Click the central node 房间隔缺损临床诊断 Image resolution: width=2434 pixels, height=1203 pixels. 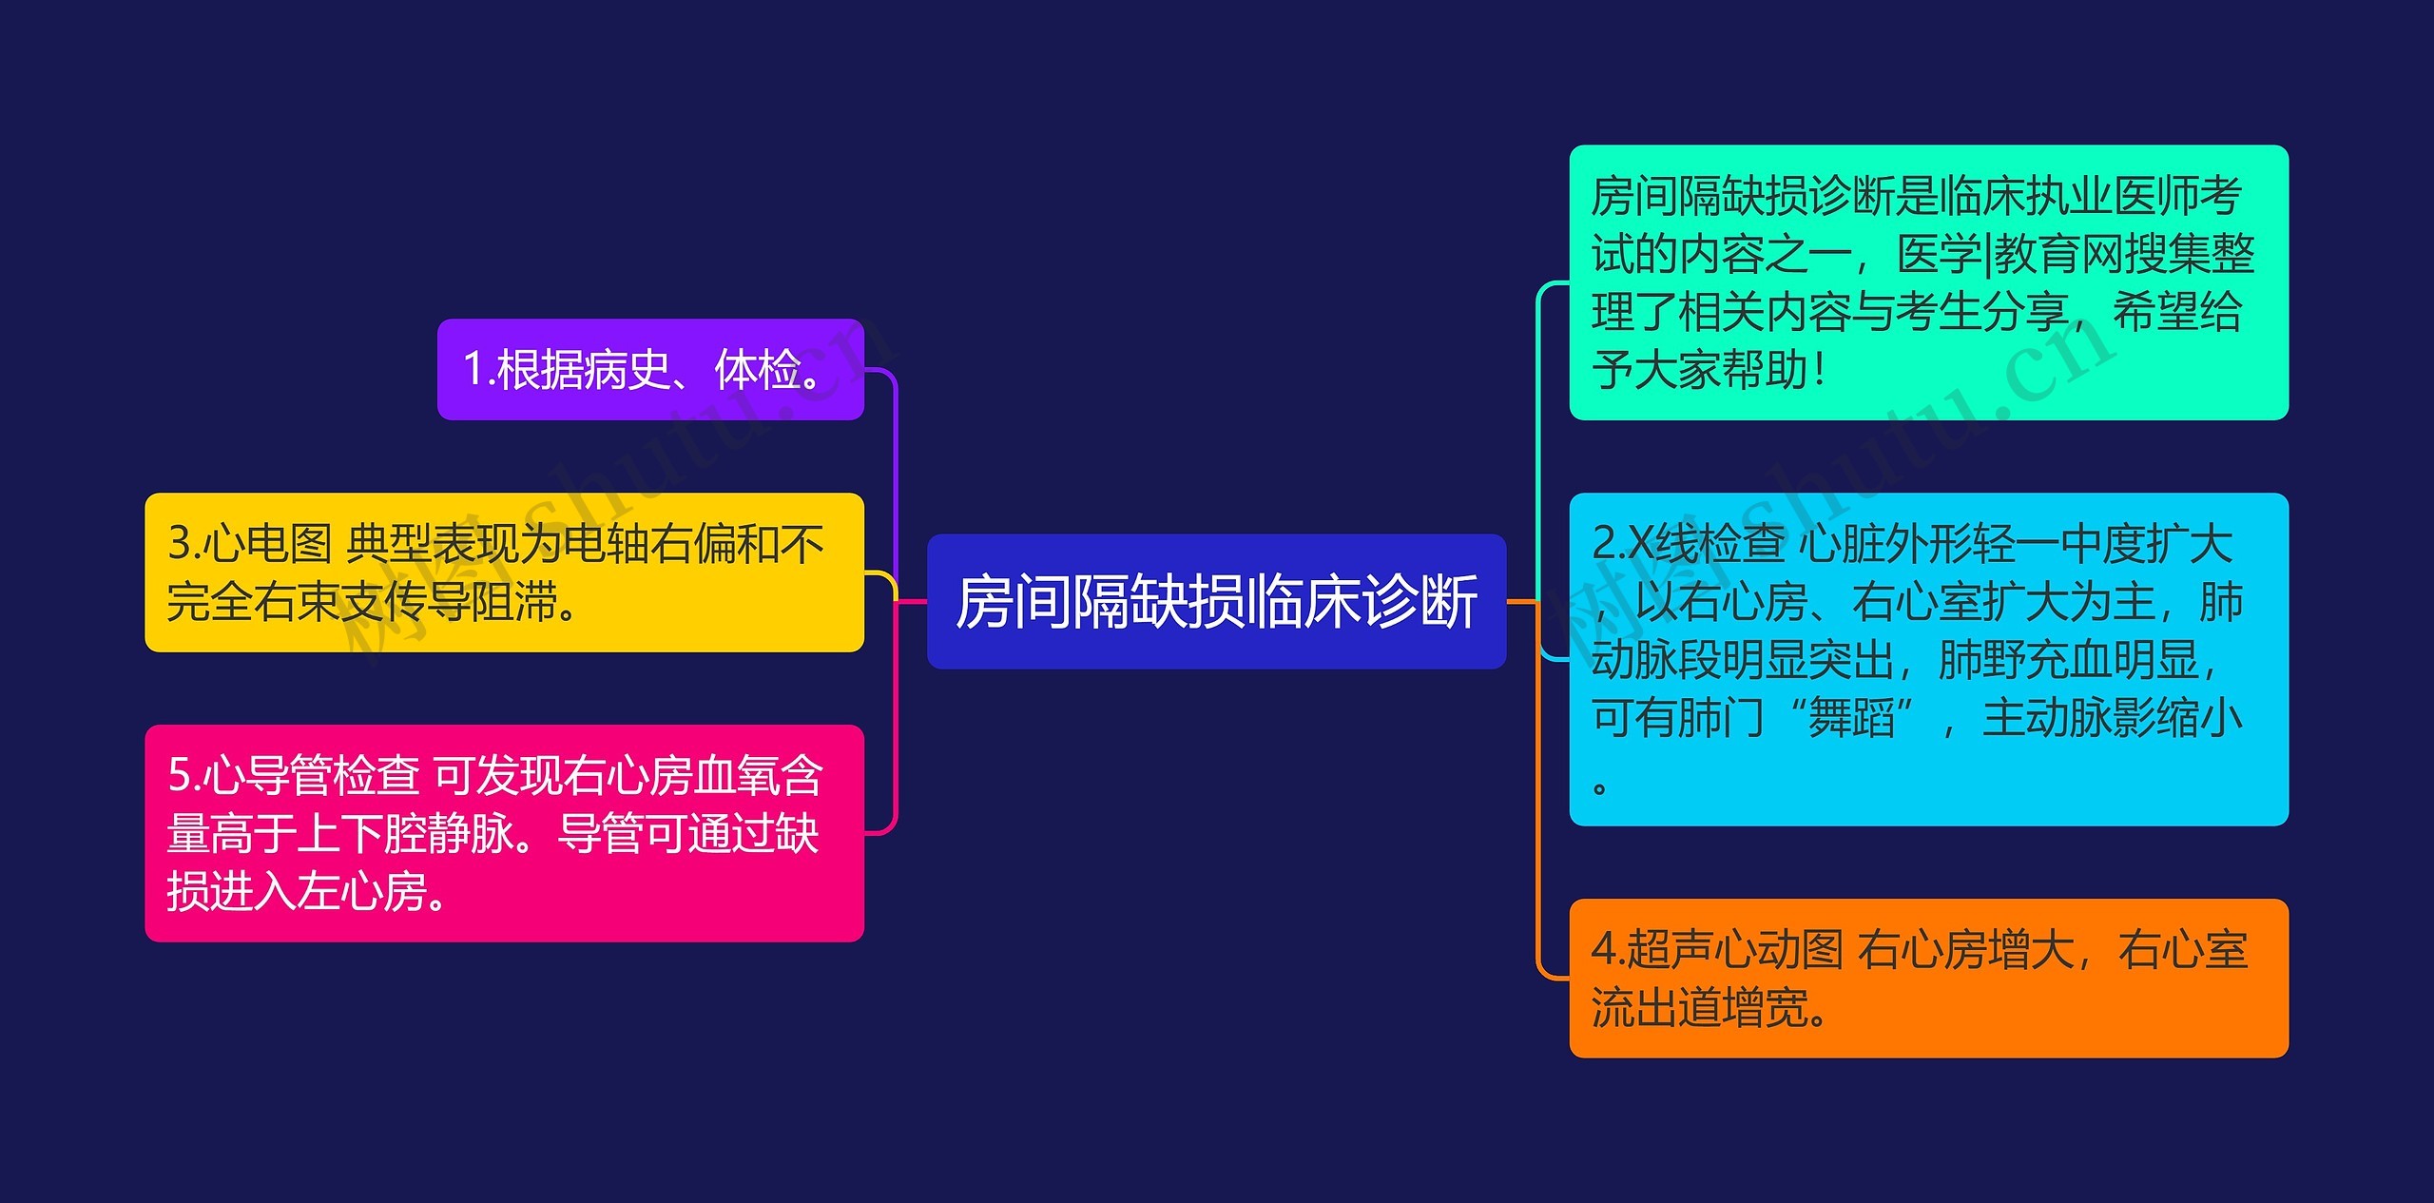(x=1216, y=602)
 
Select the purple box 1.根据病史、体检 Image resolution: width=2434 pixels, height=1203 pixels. (x=650, y=369)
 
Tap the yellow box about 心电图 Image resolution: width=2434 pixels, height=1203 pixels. (x=504, y=572)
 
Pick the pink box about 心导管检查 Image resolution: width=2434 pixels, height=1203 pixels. (x=504, y=833)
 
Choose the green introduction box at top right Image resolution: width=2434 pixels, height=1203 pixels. (x=1928, y=282)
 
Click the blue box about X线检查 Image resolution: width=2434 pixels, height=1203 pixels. (x=1928, y=659)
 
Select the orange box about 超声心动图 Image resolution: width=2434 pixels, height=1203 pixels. (x=1928, y=978)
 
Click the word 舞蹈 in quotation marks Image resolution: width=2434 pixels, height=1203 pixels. (x=1850, y=718)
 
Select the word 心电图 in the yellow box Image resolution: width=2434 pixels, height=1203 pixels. (x=266, y=544)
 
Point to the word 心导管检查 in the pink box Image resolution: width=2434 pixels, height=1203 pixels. (x=309, y=775)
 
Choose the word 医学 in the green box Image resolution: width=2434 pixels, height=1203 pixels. (x=1940, y=254)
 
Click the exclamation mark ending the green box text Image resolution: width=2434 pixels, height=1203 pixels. (x=1819, y=370)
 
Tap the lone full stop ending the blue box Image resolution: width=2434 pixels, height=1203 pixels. (x=1600, y=787)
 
